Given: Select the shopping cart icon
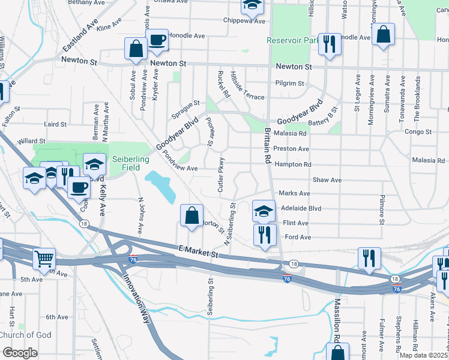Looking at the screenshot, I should [44, 259].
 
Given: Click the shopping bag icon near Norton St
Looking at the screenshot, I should [191, 215].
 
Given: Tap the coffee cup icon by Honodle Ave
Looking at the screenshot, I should [157, 40].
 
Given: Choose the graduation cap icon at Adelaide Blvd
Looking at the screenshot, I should [263, 211].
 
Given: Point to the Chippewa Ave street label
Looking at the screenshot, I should [244, 21].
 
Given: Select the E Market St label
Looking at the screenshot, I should [198, 251].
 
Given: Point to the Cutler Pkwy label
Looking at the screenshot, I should [221, 175].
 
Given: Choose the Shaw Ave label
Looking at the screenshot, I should [327, 179].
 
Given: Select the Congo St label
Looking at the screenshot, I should [418, 131].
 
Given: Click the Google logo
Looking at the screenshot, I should [20, 352].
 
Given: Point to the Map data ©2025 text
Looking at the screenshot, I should [423, 355].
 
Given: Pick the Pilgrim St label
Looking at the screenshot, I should [289, 83].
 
